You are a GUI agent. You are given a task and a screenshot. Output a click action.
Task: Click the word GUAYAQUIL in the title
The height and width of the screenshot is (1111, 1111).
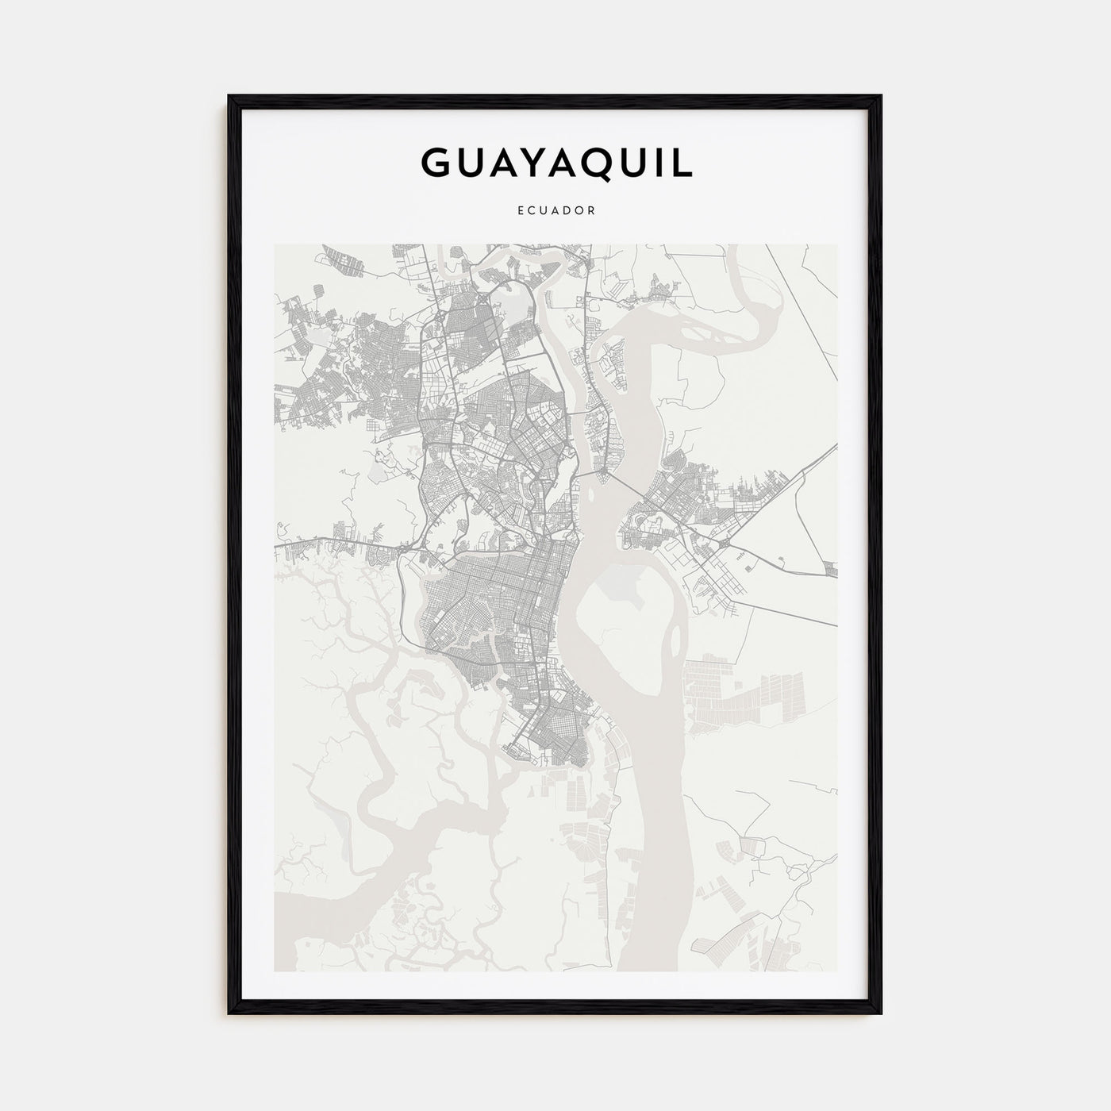(x=555, y=162)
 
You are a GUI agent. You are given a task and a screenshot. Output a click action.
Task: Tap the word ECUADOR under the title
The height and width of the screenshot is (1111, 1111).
(x=555, y=211)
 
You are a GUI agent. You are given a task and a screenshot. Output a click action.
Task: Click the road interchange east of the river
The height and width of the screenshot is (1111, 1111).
(x=725, y=543)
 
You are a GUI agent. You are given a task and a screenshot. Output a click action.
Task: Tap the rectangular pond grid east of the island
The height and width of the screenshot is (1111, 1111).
(x=746, y=690)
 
